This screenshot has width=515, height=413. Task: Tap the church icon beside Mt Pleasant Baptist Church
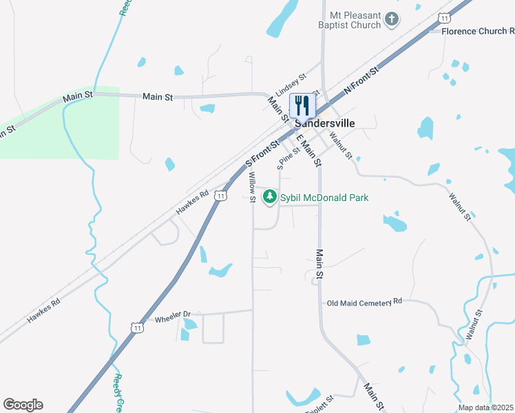[392, 19]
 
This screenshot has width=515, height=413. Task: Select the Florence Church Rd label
[478, 31]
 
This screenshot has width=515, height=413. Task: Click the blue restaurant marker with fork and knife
[302, 105]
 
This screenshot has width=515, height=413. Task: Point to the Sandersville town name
[325, 123]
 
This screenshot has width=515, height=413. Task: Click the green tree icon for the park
[271, 198]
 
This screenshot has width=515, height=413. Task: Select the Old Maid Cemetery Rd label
[364, 302]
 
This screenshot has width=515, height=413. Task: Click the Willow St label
[252, 187]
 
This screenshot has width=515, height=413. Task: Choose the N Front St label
[361, 81]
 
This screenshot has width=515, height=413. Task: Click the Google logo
[23, 405]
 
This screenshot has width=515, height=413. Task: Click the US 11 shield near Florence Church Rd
[446, 17]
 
